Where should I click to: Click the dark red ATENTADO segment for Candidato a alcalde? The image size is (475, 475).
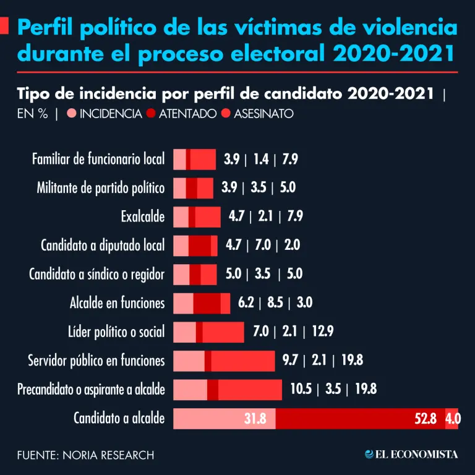359,419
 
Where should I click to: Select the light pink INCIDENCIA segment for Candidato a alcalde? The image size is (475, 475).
224,419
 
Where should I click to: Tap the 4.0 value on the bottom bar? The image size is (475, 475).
453,419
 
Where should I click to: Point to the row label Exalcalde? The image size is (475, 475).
143,216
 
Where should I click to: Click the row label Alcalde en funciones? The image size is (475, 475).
118,303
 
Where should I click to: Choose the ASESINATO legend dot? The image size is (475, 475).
225,113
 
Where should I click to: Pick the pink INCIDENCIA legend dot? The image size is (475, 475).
71,113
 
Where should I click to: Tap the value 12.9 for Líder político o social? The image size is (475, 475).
322,332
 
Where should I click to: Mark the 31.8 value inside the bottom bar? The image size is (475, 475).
255,419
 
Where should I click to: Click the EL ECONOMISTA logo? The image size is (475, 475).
411,455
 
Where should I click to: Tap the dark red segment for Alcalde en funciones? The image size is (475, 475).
207,303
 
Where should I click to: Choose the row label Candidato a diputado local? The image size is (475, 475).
103,246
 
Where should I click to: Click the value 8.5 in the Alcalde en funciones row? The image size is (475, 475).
275,303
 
